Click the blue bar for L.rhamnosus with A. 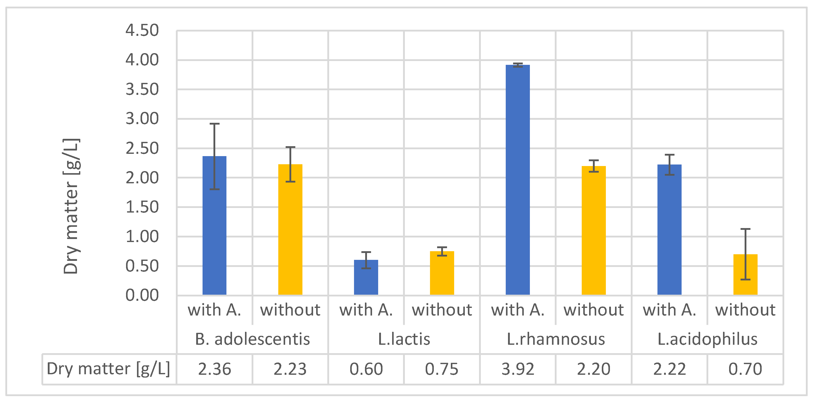[x=518, y=180]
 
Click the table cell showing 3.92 [x=518, y=369]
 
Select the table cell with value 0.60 [x=366, y=369]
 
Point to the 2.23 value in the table [x=290, y=369]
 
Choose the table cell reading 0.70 [x=745, y=369]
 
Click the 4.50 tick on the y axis [x=142, y=31]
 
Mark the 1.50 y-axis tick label [x=142, y=207]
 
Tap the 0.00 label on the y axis [x=142, y=296]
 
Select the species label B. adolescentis [x=252, y=339]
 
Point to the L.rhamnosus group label [x=556, y=339]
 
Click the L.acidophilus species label [x=707, y=339]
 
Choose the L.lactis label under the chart [x=404, y=339]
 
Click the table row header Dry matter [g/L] [x=108, y=369]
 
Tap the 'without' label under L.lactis [x=442, y=310]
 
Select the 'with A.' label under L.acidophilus [x=669, y=310]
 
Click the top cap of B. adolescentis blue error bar [x=214, y=124]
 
